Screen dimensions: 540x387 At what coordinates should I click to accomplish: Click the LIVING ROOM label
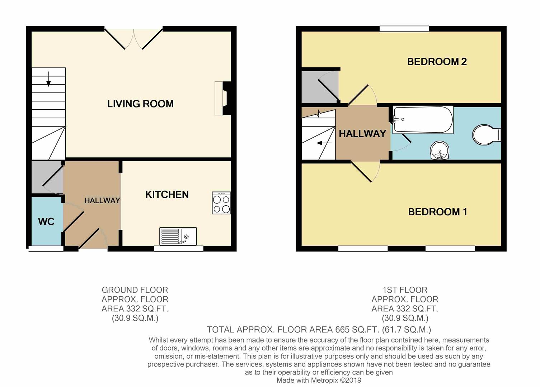point(140,104)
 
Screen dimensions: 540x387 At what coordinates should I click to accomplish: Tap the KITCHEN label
point(167,195)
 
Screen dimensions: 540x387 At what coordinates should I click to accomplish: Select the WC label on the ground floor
point(46,222)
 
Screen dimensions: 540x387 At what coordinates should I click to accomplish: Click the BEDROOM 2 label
point(437,62)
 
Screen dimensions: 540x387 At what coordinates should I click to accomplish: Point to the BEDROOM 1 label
point(437,212)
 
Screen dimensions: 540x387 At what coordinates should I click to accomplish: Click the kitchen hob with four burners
point(221,203)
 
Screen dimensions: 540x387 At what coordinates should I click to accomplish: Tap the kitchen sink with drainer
point(178,236)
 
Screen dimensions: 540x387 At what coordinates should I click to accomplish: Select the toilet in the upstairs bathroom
point(487,135)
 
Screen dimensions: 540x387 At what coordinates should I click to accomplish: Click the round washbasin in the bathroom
point(440,150)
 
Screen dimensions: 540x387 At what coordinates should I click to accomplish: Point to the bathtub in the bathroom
point(423,120)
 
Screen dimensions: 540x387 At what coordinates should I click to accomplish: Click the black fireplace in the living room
point(227,98)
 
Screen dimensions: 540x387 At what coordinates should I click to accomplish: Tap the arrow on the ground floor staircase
point(48,79)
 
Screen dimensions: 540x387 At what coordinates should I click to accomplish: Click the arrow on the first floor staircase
point(324,143)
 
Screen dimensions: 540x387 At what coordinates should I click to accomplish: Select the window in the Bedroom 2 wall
point(404,29)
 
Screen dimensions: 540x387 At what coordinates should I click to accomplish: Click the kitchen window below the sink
point(179,249)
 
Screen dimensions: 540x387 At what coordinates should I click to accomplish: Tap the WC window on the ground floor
point(46,249)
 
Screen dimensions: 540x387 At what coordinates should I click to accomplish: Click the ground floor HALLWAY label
point(102,200)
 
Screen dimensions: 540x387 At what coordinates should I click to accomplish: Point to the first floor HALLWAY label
point(362,134)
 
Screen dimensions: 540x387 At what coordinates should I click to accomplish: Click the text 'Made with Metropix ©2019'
point(319,381)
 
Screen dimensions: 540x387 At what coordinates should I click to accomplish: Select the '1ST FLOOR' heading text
point(405,290)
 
